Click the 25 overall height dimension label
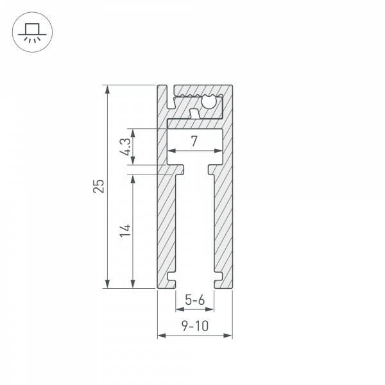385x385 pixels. (98, 187)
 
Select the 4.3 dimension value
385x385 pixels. (126, 146)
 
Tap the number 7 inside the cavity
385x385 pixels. (194, 141)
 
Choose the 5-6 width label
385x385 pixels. (194, 300)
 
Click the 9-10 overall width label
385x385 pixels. (194, 326)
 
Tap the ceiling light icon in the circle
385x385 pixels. (30, 32)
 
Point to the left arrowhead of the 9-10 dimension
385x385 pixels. (161, 336)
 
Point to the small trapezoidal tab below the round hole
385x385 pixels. (194, 114)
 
